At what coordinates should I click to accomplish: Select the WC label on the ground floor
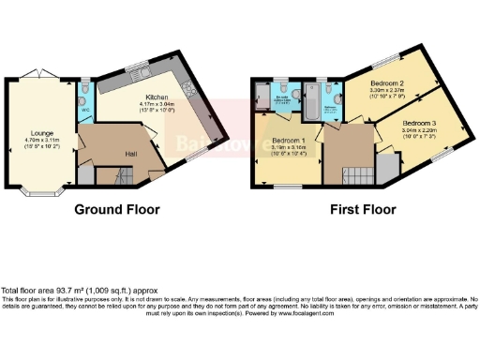tap(86, 109)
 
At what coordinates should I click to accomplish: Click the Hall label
tap(132, 154)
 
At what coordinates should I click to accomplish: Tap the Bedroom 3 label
tap(419, 123)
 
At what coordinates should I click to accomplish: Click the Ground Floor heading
tap(117, 209)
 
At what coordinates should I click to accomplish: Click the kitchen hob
tap(185, 89)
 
